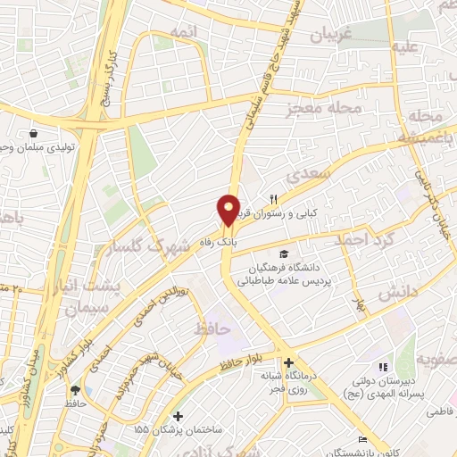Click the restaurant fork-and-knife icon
(x=275, y=199)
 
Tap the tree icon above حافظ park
(x=75, y=389)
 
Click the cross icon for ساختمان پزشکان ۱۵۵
(x=179, y=416)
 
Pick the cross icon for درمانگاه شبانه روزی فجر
(x=288, y=363)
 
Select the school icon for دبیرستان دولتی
(x=383, y=367)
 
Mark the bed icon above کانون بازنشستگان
(x=361, y=438)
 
